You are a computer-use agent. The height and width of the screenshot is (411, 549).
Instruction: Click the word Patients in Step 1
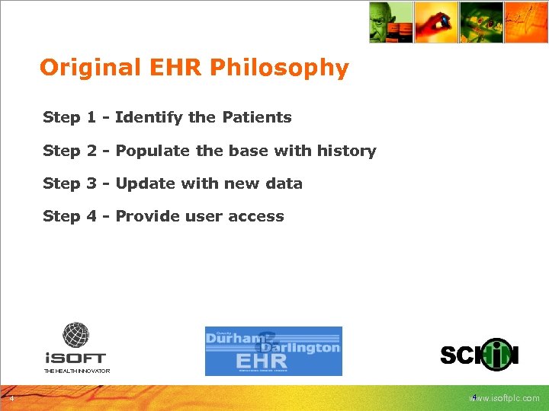click(257, 117)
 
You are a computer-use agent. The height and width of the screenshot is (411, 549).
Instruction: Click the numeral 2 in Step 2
click(91, 151)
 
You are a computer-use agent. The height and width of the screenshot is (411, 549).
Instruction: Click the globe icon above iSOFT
click(75, 335)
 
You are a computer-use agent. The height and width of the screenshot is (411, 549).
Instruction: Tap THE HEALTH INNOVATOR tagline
click(76, 371)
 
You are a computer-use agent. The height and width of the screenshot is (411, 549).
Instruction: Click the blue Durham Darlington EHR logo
click(273, 351)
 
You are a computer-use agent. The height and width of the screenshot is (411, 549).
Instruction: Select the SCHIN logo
click(480, 355)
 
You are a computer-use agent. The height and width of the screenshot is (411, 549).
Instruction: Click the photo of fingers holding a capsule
click(436, 21)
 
